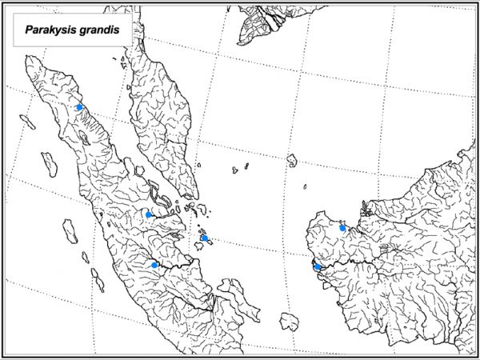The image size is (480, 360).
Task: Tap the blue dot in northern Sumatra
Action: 79,106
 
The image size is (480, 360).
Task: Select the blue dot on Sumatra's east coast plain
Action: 149,214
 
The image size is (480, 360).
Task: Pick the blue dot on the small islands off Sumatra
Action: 205,238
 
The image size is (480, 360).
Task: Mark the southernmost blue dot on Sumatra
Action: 154,265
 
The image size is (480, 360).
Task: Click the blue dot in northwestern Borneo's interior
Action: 342,228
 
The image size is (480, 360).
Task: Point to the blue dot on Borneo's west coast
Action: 318,266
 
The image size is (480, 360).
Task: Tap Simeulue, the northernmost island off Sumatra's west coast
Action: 28,122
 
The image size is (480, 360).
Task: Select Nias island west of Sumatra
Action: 50,164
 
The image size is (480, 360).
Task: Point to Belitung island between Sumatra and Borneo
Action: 288,321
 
